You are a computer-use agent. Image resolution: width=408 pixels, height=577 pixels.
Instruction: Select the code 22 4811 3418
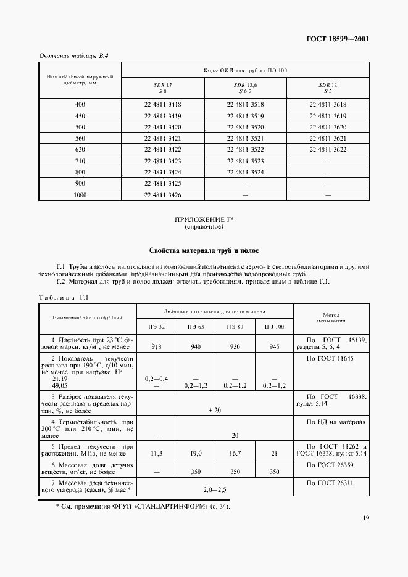(x=163, y=105)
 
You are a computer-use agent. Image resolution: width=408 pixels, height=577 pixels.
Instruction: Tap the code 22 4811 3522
(x=246, y=150)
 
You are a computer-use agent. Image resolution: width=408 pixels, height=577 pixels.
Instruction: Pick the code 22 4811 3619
(x=328, y=116)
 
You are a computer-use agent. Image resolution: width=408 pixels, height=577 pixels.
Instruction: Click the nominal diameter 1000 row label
(x=80, y=195)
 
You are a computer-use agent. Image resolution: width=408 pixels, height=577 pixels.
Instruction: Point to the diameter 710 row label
(x=80, y=161)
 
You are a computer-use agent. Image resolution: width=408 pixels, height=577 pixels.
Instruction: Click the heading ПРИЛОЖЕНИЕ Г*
(x=204, y=220)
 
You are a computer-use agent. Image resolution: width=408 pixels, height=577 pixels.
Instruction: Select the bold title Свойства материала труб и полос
(x=204, y=251)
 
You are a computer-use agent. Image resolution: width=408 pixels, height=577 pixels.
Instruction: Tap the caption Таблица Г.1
(x=64, y=298)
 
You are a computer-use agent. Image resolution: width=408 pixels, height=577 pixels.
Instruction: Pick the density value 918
(x=156, y=347)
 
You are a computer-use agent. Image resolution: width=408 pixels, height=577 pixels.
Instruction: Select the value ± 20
(x=214, y=410)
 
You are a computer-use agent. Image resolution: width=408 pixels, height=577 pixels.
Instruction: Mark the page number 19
(x=365, y=518)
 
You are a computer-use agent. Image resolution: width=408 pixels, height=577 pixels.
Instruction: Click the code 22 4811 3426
(x=163, y=195)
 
